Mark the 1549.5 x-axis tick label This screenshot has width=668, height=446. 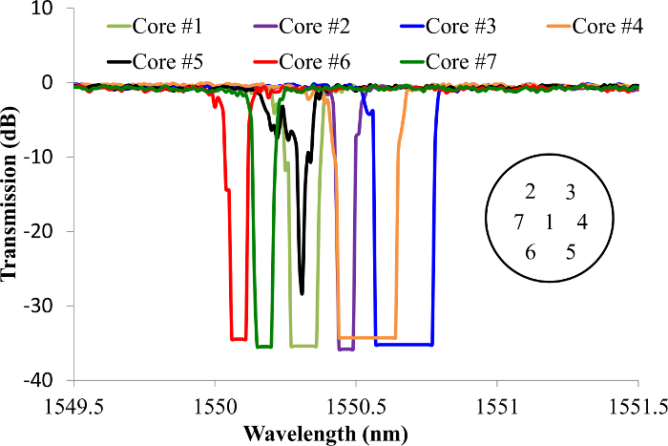(73, 405)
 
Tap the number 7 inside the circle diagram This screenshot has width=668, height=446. (519, 223)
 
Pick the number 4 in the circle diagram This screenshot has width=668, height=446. (581, 223)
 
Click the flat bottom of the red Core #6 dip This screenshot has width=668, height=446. (239, 339)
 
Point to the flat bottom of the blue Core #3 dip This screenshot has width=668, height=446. (405, 344)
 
